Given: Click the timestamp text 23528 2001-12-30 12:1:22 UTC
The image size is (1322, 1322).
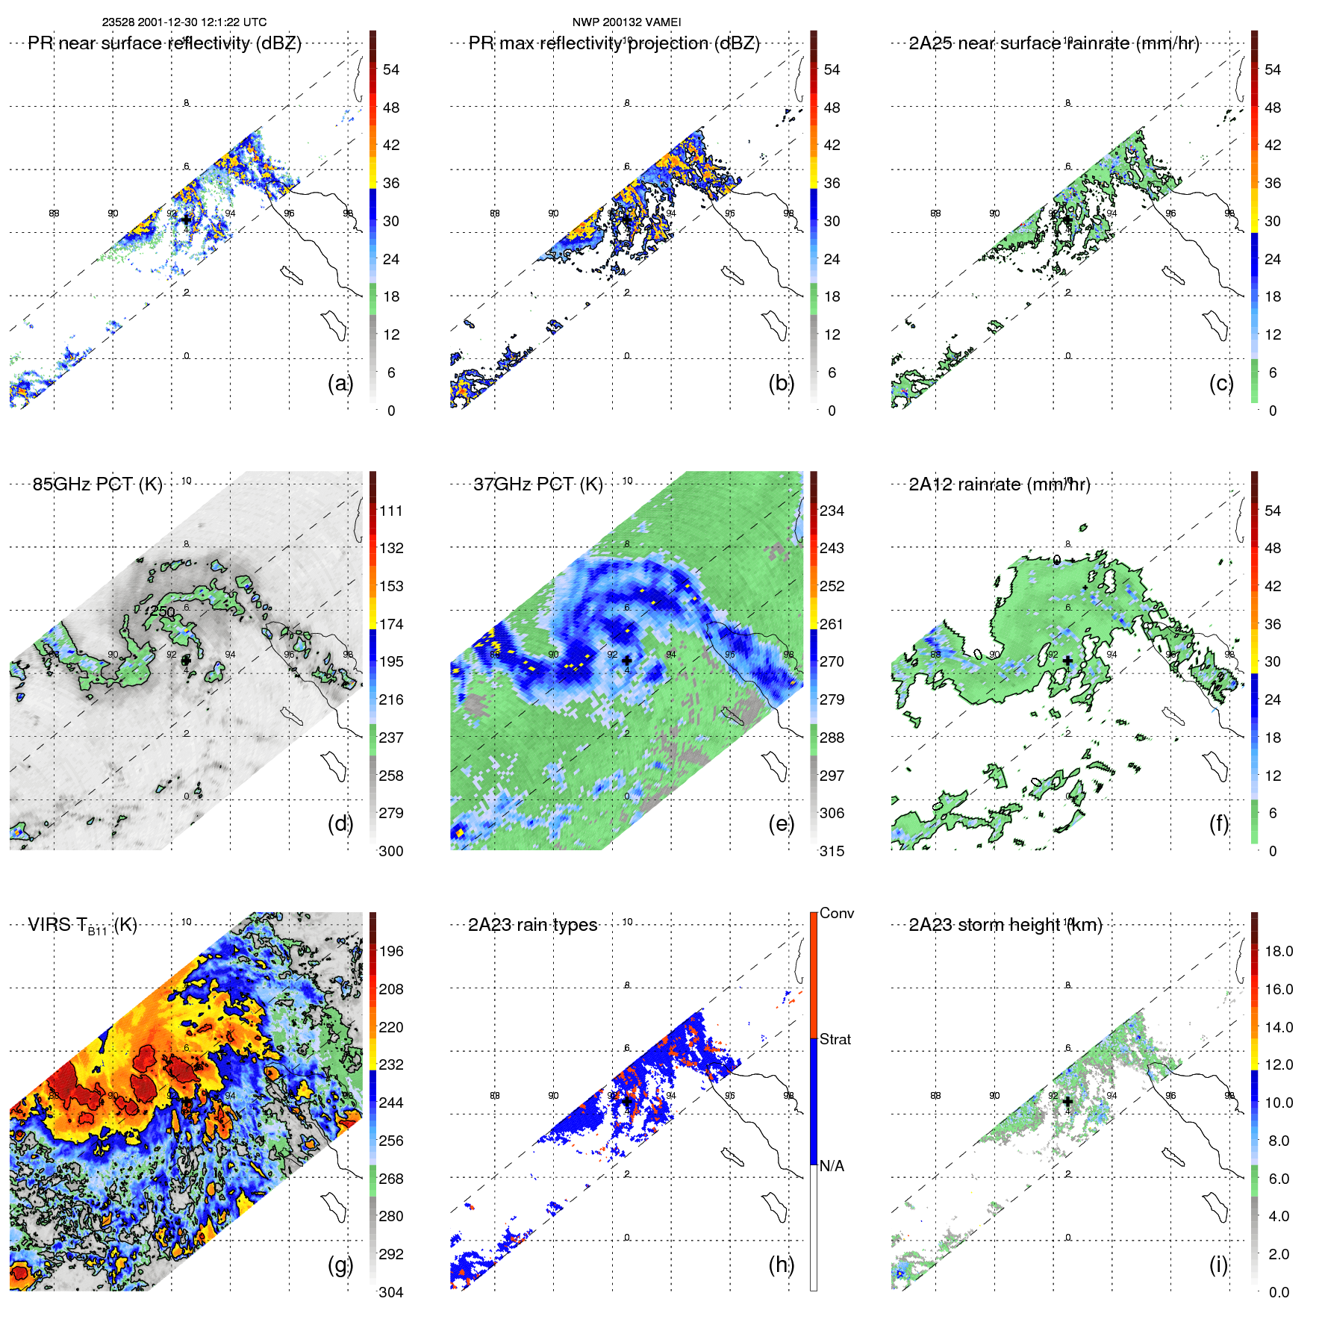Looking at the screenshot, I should (184, 22).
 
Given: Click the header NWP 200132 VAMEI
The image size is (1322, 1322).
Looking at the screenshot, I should (626, 22).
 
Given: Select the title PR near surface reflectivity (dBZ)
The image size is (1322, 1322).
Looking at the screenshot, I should (164, 43).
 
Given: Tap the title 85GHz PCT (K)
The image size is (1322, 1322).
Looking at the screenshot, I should (97, 484).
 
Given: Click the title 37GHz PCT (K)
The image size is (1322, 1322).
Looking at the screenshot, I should (537, 484).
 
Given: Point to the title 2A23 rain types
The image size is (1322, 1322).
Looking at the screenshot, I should (532, 925).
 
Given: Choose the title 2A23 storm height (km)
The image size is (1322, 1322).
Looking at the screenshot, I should (1005, 925).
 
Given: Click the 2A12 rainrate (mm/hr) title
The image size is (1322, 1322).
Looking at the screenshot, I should (999, 484).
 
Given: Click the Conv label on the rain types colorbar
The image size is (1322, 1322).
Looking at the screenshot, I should (836, 913).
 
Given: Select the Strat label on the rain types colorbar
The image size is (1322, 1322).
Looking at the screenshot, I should (835, 1039).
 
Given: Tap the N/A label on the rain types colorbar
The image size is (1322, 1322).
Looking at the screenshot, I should (832, 1166).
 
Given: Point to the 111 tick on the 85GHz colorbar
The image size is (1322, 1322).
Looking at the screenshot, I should (391, 511).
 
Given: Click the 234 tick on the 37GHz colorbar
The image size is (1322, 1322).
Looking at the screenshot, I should (832, 511).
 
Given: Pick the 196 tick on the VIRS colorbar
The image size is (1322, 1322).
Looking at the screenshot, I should (391, 951).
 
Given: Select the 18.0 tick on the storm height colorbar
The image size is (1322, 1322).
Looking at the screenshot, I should (1278, 951).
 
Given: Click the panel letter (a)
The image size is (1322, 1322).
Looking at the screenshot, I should (340, 383).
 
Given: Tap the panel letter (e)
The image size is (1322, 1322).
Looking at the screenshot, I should (781, 823).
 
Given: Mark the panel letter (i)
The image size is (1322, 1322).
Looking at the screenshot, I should (1218, 1265).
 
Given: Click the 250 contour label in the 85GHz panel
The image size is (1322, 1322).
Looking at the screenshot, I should (163, 612).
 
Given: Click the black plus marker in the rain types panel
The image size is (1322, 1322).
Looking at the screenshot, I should (627, 1101).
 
